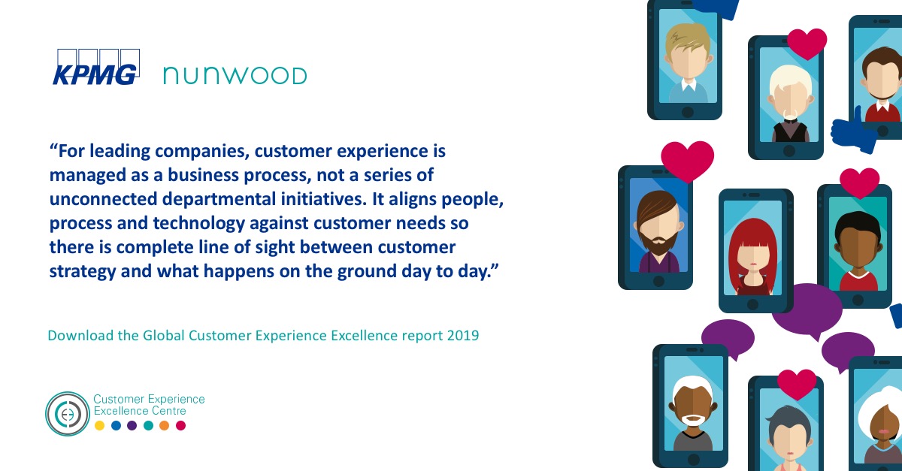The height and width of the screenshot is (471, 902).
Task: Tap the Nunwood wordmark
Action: (235, 76)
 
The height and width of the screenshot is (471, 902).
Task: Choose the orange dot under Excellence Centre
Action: (164, 426)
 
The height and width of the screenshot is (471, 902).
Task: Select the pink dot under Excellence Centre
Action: (180, 426)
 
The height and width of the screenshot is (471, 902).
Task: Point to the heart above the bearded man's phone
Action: (687, 159)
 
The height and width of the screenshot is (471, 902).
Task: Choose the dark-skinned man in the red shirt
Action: (858, 240)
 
